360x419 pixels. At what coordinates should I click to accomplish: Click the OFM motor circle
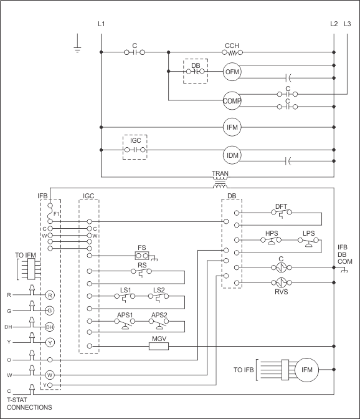tap(232, 72)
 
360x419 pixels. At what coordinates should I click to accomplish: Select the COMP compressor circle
tap(232, 100)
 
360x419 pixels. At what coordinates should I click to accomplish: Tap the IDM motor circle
tap(232, 155)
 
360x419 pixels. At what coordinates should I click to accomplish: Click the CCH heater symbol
tap(232, 52)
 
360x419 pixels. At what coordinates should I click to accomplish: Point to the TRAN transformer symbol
tap(220, 182)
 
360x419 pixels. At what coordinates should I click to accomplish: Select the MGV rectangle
tap(159, 346)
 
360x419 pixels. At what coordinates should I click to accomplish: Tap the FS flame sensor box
tap(142, 256)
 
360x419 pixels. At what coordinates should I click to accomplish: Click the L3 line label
tap(347, 24)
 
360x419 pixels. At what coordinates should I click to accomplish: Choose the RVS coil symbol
tap(282, 282)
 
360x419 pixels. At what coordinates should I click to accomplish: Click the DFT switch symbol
tap(282, 214)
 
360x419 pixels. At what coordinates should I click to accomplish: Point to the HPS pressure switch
tap(271, 241)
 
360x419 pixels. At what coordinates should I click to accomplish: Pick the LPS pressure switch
tap(308, 242)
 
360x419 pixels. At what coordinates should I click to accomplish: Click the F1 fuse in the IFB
tap(50, 214)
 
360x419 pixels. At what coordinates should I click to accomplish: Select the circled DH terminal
tap(50, 327)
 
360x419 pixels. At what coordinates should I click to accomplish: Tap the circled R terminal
tap(50, 296)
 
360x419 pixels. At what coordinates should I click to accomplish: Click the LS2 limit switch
tap(159, 297)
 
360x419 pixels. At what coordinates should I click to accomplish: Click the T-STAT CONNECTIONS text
tap(29, 403)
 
